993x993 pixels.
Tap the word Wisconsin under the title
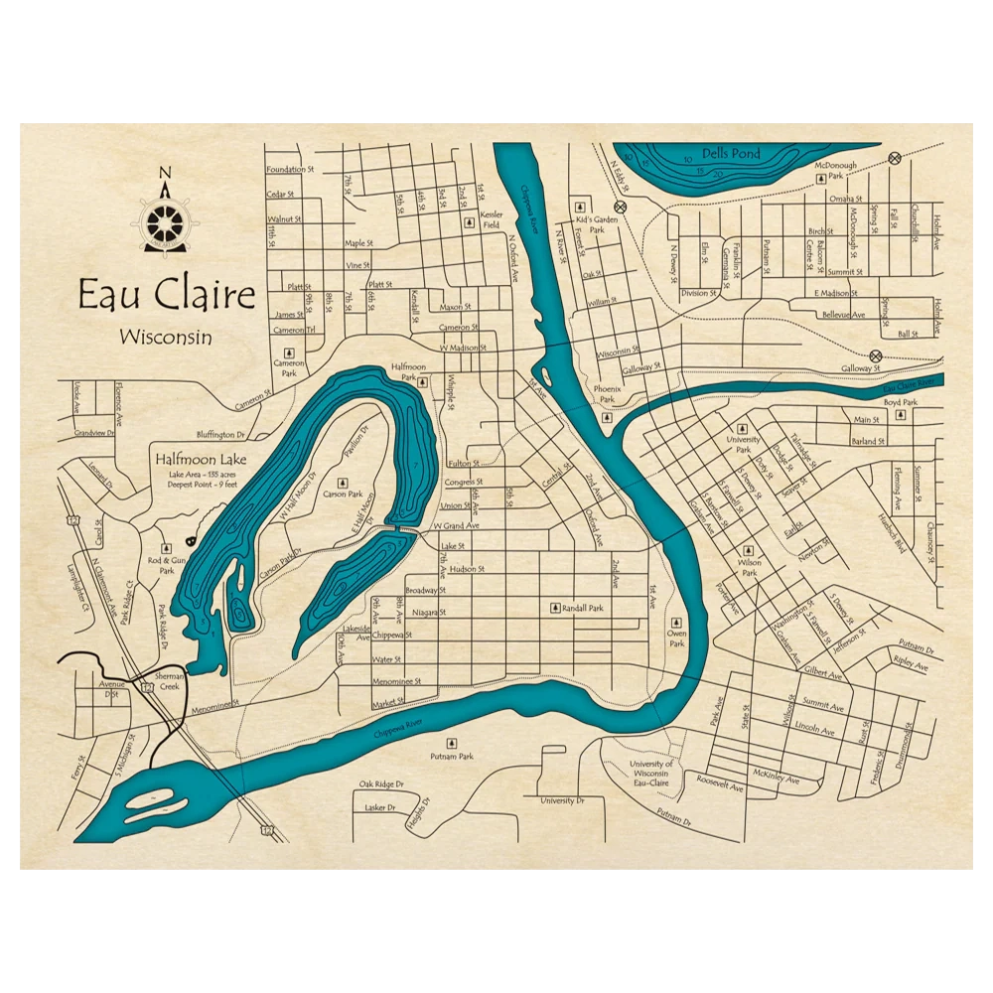[x=165, y=337]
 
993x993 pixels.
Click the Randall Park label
[x=582, y=608]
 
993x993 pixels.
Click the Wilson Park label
[x=749, y=568]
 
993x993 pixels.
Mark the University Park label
[x=743, y=444]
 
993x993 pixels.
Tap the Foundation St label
[x=289, y=170]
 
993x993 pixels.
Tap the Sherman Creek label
[x=163, y=680]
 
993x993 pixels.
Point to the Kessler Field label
[x=492, y=219]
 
